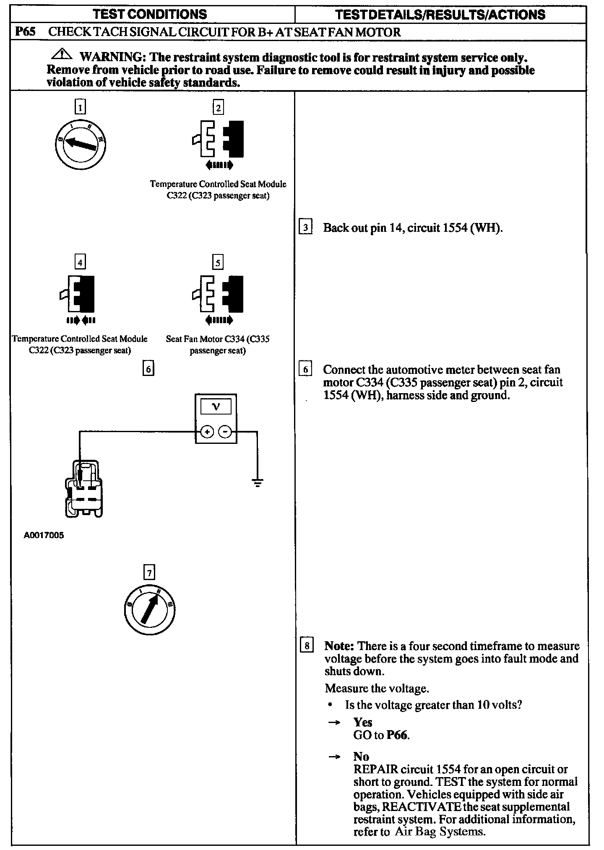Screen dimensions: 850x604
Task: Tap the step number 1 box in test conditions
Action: click(80, 108)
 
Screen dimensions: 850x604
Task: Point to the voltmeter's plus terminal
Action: click(207, 431)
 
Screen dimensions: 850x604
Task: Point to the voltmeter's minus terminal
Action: click(226, 431)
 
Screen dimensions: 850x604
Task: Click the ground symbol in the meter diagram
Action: click(258, 483)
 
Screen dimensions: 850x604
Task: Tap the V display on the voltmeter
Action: click(216, 407)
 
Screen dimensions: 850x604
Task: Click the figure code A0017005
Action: click(44, 535)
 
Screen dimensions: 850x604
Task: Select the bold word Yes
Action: click(363, 722)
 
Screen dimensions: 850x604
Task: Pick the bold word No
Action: click(361, 757)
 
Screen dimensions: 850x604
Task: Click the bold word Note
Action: click(340, 646)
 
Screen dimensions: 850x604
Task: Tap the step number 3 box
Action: click(306, 228)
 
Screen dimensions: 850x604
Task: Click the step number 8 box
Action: click(307, 646)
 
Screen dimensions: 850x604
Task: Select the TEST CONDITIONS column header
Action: click(150, 14)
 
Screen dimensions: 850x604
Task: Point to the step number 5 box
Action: click(218, 263)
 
